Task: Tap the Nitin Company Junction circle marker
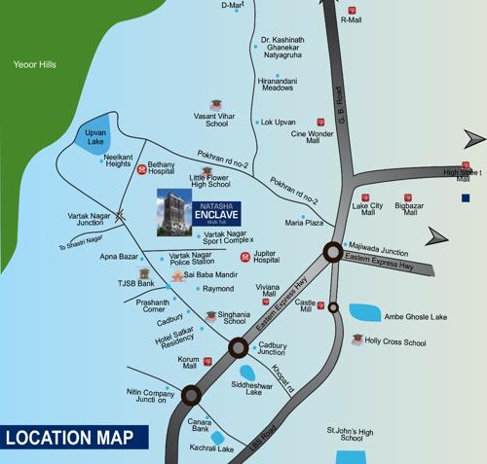click(x=190, y=394)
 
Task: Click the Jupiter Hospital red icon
click(x=245, y=258)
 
